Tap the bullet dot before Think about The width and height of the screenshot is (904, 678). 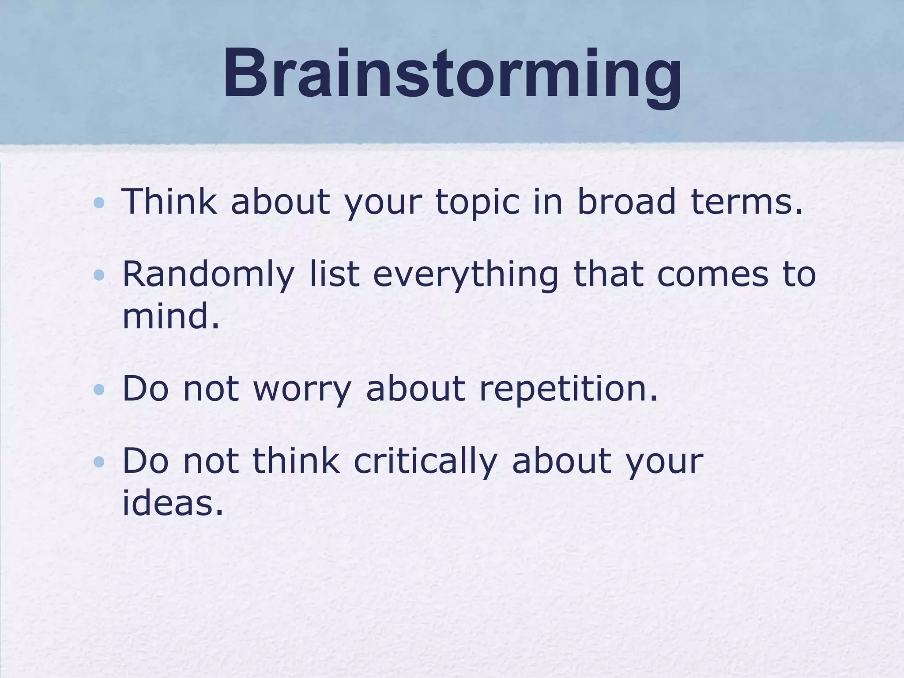click(x=99, y=203)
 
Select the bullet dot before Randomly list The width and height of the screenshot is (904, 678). click(x=99, y=275)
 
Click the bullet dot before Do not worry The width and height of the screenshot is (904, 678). click(x=99, y=389)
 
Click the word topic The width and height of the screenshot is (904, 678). click(x=478, y=202)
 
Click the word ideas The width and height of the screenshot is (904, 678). click(x=173, y=503)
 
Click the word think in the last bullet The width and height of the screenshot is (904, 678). click(x=296, y=461)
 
